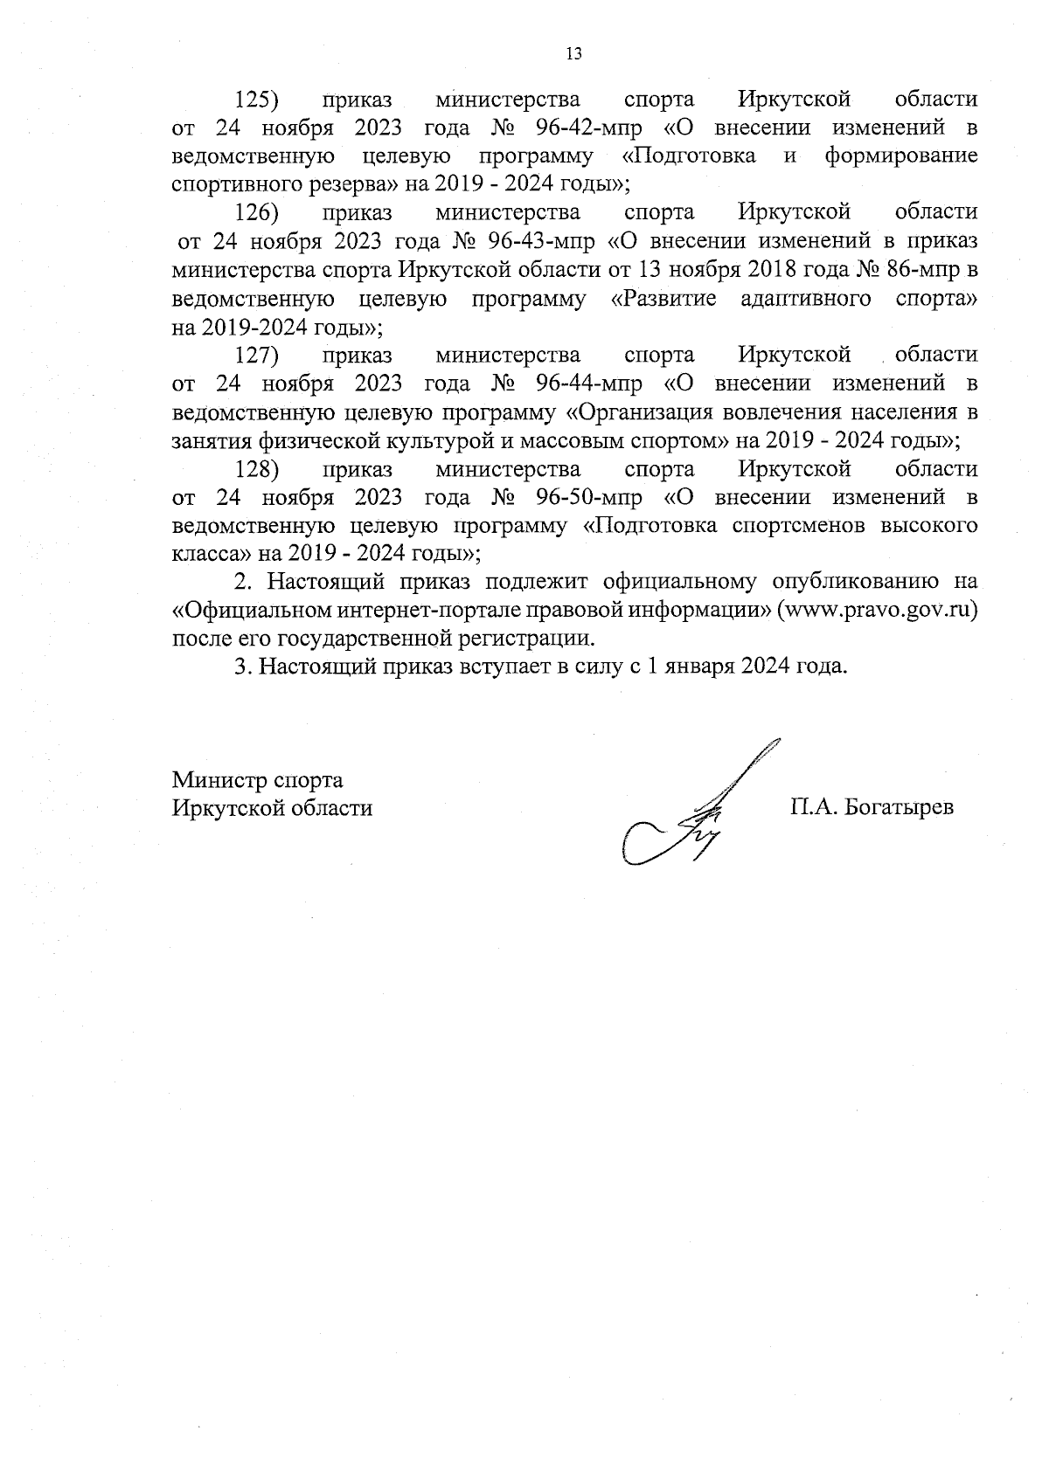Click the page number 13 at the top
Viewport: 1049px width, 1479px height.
pos(574,53)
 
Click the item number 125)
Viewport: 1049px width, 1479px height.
pos(257,99)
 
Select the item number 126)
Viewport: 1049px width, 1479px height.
pos(257,212)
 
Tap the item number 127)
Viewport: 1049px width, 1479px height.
pos(257,355)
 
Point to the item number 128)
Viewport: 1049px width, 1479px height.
pos(257,469)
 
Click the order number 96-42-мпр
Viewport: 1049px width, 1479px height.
pos(587,128)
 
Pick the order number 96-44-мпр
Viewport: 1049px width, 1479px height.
pos(587,384)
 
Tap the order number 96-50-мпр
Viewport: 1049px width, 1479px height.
pos(587,498)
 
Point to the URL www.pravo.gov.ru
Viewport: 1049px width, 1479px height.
pos(882,610)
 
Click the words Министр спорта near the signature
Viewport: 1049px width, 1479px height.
pos(258,779)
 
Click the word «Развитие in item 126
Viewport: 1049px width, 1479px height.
pos(663,299)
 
